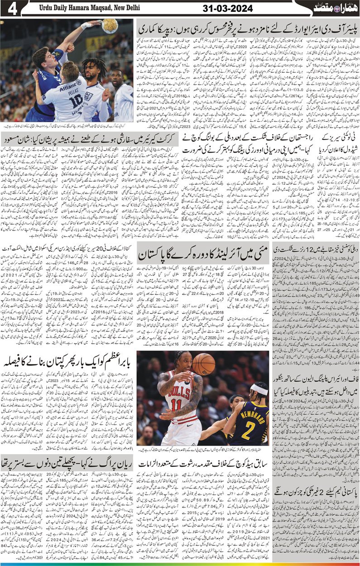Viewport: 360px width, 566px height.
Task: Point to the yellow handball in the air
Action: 110,26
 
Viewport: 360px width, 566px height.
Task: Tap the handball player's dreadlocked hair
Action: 93,68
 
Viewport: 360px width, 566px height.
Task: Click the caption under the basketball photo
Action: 202,450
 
